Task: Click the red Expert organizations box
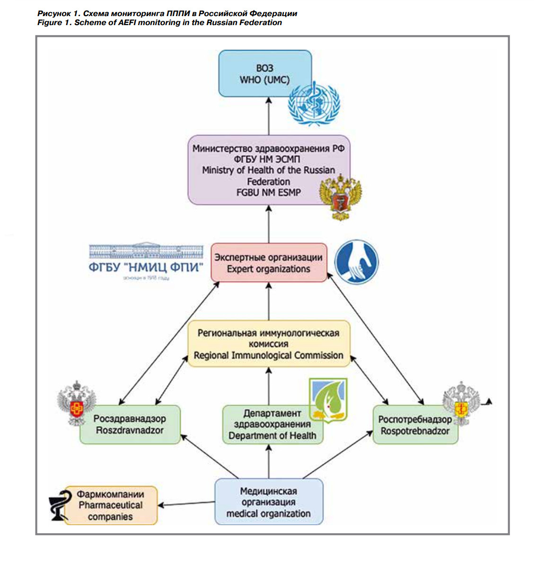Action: [268, 263]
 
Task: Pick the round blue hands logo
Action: [356, 261]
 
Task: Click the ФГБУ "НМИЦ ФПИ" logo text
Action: [146, 267]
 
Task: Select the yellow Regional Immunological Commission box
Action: [268, 344]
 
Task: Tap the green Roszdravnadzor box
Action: [130, 425]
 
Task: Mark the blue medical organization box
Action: [268, 502]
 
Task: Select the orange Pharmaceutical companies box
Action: [111, 505]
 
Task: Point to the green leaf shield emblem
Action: [328, 401]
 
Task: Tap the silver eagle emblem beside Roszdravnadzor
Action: [76, 403]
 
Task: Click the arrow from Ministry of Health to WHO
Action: [269, 116]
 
